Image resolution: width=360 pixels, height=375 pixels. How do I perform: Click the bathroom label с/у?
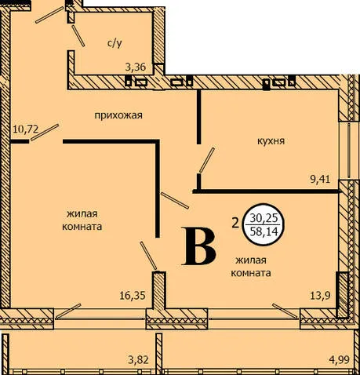(115, 43)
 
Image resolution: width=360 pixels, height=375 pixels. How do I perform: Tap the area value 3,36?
(135, 67)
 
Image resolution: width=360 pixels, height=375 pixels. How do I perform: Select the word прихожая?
(118, 115)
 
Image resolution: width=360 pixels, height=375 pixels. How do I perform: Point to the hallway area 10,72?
(26, 129)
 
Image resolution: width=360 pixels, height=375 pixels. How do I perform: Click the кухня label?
(271, 141)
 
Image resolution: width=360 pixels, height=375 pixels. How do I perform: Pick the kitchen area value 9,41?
(320, 180)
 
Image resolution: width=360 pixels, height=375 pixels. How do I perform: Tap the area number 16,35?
(133, 296)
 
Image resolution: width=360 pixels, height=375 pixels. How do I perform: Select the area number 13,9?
(321, 296)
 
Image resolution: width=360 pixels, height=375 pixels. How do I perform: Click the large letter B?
(200, 246)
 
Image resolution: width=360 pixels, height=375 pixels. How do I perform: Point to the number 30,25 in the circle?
(264, 218)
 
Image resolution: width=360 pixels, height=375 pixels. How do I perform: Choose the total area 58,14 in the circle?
(264, 231)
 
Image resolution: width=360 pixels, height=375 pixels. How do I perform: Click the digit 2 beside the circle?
(235, 224)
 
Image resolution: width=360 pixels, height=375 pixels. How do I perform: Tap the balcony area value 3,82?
(138, 360)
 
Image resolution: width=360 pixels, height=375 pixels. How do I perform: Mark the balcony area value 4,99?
(339, 360)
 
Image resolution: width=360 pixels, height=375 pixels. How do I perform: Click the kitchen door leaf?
(207, 160)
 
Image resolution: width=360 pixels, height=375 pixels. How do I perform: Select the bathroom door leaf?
(78, 36)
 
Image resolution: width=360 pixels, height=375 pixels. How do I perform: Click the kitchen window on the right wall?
(349, 151)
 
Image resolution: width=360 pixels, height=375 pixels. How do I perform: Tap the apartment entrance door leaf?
(49, 15)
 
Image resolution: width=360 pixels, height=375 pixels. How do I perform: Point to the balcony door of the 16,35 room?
(68, 311)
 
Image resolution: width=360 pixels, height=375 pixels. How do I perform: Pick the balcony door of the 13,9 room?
(285, 311)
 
